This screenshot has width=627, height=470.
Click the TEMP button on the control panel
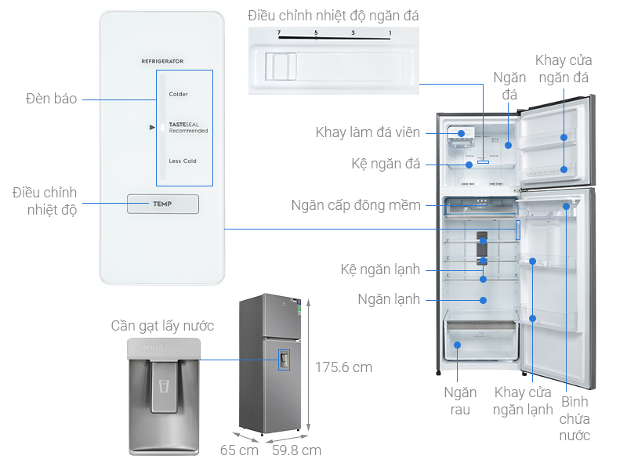(x=163, y=204)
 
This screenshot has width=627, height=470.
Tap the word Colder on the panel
(x=179, y=94)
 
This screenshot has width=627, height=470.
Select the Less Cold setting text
(x=183, y=161)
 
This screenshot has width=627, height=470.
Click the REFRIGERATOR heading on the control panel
(x=162, y=60)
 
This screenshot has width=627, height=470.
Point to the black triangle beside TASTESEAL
(x=154, y=127)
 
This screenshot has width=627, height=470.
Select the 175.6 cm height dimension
(x=343, y=367)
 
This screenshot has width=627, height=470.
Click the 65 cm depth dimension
(x=239, y=450)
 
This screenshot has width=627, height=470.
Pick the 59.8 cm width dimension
(x=296, y=450)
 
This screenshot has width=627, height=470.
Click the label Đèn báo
(x=51, y=99)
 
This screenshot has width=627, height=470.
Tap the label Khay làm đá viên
(x=368, y=132)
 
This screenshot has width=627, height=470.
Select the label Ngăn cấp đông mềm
(x=356, y=205)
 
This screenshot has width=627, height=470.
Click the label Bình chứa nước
(x=574, y=418)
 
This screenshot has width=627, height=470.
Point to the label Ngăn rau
(x=457, y=400)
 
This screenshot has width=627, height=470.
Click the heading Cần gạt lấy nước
(x=162, y=326)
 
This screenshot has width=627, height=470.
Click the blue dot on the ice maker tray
(x=462, y=133)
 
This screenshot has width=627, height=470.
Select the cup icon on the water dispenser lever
(x=164, y=386)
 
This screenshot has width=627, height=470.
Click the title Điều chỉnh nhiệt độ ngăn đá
(x=333, y=15)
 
